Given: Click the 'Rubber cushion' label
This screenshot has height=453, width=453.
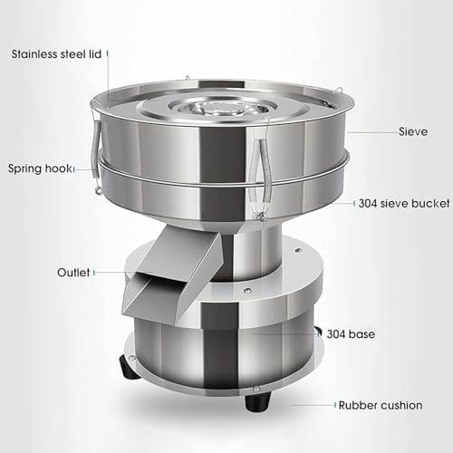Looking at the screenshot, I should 382,404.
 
